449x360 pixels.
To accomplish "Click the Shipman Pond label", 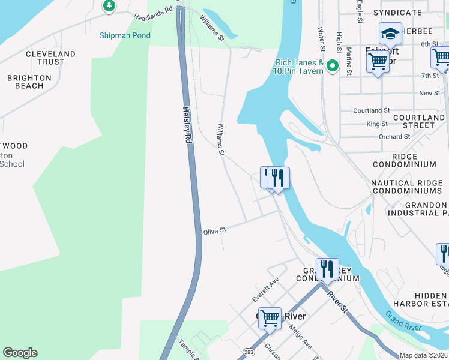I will click(125, 35).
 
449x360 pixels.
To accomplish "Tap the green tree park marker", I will click(109, 6).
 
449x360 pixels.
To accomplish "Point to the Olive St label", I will click(214, 231).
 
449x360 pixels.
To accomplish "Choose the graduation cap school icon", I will click(390, 34).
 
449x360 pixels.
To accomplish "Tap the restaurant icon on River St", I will click(327, 268).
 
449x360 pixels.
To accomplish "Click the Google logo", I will click(20, 353).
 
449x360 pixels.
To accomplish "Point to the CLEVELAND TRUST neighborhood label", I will click(50, 58).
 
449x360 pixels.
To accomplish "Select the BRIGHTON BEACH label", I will click(25, 82).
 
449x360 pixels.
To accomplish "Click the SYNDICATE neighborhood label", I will click(397, 13).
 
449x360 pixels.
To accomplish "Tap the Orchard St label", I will click(394, 136).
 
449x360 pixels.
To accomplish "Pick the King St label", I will click(377, 124).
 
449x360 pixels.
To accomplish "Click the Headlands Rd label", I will click(153, 10).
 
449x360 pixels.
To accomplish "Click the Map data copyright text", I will click(424, 355).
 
